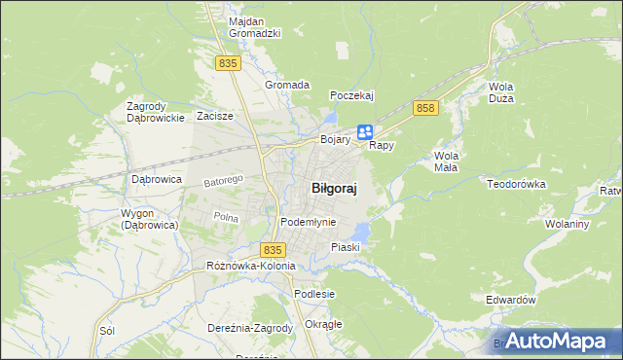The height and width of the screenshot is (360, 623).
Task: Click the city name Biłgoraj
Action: tap(333, 190)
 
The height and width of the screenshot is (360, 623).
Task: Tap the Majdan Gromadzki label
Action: tap(254, 26)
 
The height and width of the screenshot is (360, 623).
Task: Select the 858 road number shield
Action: tap(423, 108)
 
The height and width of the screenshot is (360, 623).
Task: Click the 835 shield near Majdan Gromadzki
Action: tap(228, 62)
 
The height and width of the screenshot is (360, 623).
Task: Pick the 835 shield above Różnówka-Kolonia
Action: tap(274, 250)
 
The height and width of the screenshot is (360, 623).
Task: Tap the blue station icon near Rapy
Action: tap(364, 131)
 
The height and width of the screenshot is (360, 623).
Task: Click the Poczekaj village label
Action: tap(351, 95)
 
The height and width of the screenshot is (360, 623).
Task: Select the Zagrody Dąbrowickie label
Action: tap(156, 112)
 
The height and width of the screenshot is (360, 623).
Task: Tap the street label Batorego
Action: tap(222, 181)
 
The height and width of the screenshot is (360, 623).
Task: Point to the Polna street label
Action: tap(225, 217)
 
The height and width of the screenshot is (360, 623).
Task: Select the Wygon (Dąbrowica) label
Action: tap(148, 218)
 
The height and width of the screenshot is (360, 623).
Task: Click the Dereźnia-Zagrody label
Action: tap(250, 328)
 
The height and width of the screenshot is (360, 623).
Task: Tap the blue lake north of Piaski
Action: tap(362, 232)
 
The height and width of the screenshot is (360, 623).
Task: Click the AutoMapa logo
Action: tap(555, 341)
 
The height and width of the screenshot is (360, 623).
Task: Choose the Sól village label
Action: tap(107, 331)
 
